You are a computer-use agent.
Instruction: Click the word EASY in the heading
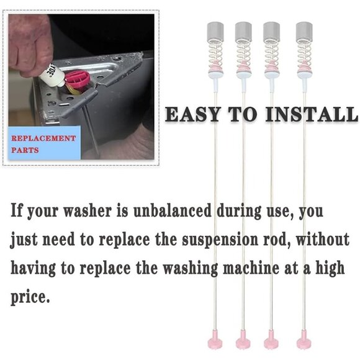(192, 114)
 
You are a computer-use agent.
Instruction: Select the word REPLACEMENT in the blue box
(43, 138)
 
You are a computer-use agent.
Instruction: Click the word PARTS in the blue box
(25, 150)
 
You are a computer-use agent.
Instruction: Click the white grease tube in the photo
(52, 74)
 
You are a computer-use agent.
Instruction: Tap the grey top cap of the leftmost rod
(215, 31)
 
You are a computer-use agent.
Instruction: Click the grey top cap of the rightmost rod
(304, 31)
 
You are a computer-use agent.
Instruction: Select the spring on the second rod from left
(243, 55)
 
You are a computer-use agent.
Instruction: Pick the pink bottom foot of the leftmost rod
(215, 340)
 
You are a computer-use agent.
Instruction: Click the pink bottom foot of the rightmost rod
(304, 340)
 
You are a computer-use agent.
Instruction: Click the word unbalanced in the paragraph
(173, 210)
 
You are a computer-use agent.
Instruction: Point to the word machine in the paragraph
(251, 268)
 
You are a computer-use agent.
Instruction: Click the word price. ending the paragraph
(30, 297)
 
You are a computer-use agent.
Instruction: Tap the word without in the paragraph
(323, 239)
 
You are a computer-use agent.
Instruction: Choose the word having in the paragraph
(33, 269)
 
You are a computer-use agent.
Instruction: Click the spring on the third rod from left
(271, 55)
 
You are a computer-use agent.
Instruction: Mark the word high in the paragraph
(330, 269)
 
